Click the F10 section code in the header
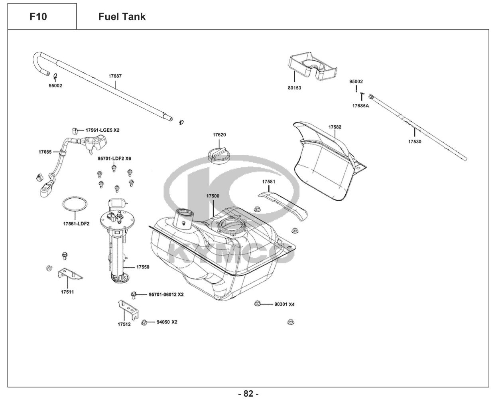pos(38,17)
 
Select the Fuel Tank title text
pos(122,17)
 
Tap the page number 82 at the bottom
pos(248,394)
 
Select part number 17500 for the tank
pos(213,196)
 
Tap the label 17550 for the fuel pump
pos(143,267)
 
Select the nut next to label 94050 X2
pos(146,322)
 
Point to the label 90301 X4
pos(284,304)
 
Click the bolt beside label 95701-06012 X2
pos(134,295)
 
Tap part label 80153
pos(294,88)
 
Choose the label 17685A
pos(360,106)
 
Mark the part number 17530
pos(414,142)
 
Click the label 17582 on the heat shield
pos(335,127)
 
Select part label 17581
pos(269,182)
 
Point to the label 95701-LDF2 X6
pos(114,158)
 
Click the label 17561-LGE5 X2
pos(102,130)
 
